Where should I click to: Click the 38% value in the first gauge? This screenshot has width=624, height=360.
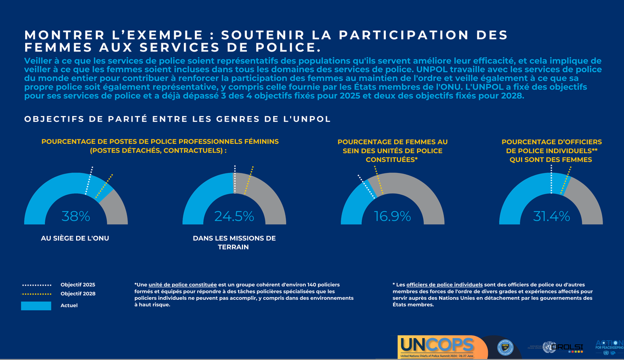76,216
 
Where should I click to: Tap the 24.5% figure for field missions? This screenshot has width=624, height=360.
234,216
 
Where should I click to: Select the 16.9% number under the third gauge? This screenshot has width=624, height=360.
392,216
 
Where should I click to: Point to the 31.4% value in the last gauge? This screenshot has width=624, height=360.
551,216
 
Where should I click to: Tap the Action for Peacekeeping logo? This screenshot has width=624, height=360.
609,346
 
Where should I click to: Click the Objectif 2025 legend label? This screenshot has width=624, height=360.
78,284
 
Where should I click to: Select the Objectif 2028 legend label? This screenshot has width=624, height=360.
78,294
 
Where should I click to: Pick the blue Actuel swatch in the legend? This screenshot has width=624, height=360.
36,306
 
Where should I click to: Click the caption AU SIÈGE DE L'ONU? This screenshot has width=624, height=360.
75,239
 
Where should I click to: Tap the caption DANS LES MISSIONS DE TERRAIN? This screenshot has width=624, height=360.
234,242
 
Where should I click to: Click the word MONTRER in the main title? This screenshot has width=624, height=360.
60,36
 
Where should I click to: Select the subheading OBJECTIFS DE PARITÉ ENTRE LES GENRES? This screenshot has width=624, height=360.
177,119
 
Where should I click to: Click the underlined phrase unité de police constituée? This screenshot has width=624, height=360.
182,284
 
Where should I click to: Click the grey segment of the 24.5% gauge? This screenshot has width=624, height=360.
268,197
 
